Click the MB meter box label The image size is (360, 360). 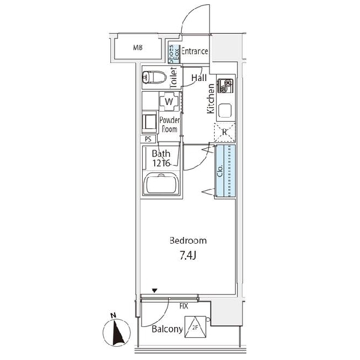point(138,48)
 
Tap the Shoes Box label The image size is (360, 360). point(174,54)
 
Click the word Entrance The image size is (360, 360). point(194,51)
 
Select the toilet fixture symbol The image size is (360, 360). point(154,77)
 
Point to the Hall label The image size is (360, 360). point(199,78)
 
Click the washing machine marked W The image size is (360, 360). point(169,101)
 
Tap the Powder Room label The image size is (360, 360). point(170,124)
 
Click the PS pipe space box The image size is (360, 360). point(148,139)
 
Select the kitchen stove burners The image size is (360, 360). point(225,86)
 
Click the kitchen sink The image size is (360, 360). point(225,110)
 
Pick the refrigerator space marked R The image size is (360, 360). point(224,132)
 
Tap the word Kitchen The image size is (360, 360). point(211,98)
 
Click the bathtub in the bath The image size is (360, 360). point(161,184)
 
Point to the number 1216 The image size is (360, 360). point(161,163)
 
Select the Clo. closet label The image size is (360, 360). point(220,171)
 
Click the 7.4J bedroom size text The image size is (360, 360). point(188,256)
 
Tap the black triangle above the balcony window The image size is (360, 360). point(155,290)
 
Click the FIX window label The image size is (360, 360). point(184,306)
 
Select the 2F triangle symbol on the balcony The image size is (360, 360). point(195,327)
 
